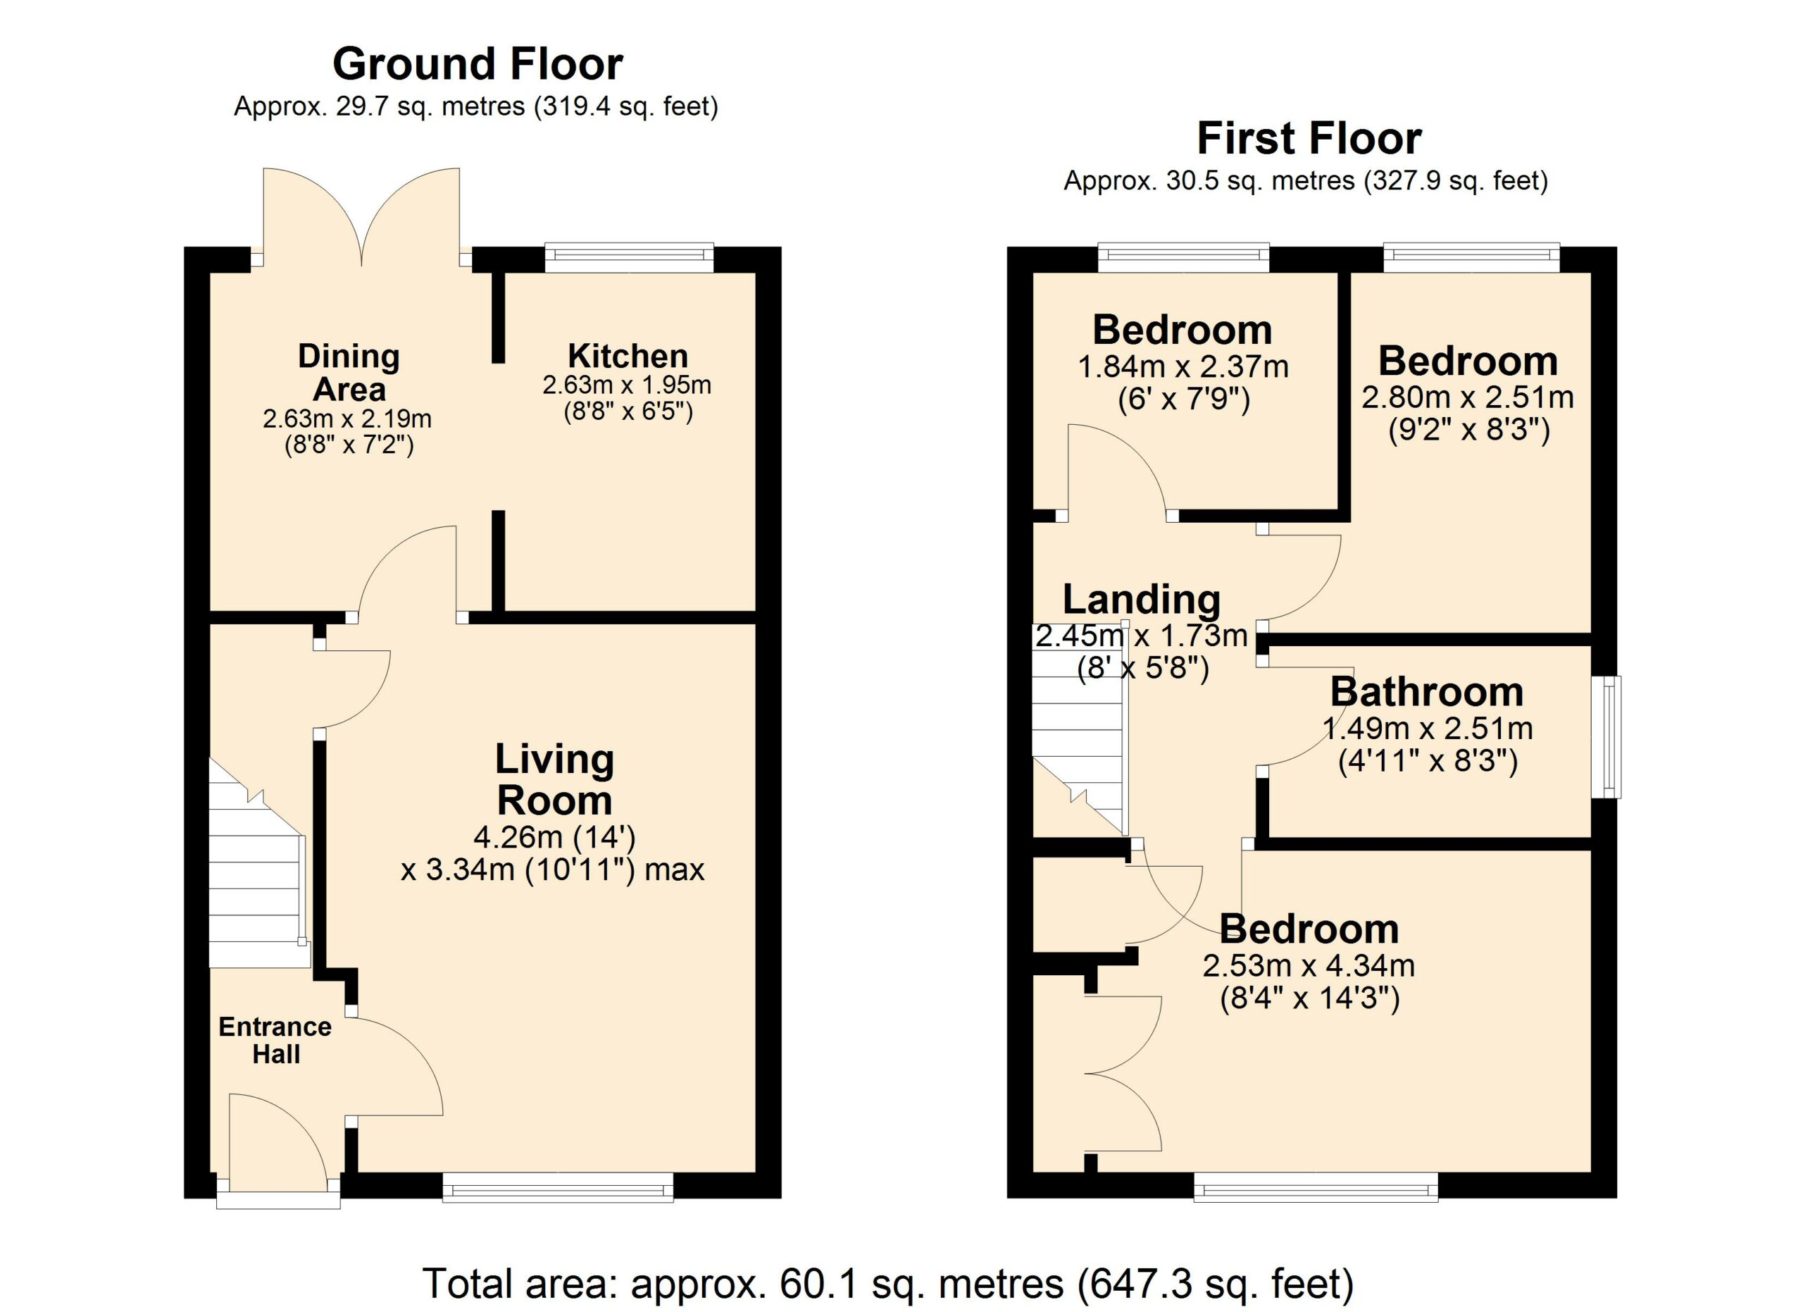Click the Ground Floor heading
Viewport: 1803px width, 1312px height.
click(x=477, y=64)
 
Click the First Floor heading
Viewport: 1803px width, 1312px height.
click(x=1309, y=139)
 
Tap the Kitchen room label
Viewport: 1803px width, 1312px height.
click(x=628, y=355)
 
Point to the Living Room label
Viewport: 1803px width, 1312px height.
click(x=554, y=780)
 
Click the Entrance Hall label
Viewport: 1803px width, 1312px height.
click(x=275, y=1040)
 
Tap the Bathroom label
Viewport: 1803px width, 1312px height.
click(x=1427, y=692)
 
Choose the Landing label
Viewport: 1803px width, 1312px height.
click(x=1142, y=600)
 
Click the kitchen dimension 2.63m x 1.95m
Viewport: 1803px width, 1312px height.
click(x=628, y=385)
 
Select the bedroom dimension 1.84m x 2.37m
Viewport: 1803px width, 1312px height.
click(x=1183, y=367)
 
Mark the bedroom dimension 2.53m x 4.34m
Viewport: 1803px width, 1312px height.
click(x=1309, y=966)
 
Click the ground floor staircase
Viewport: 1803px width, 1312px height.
click(x=258, y=862)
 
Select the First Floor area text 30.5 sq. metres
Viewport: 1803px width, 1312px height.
click(x=1260, y=181)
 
